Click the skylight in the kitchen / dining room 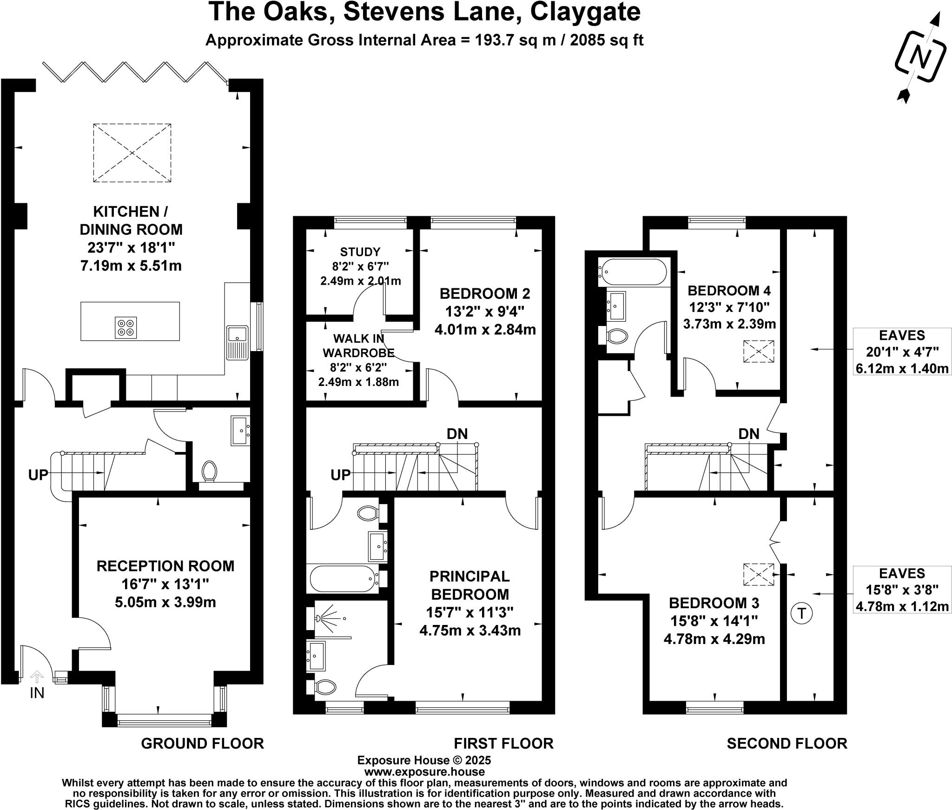coord(132,153)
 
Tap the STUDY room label coord(360,252)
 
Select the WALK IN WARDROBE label coord(358,345)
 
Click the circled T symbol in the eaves coord(802,614)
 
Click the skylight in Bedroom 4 coord(759,352)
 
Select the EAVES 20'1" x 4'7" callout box coord(902,352)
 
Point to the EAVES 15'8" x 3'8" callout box coord(902,590)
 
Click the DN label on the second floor coord(749,434)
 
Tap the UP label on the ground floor coord(38,475)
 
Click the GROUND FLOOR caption coord(202,744)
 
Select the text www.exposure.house coord(424,772)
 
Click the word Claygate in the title coord(585,12)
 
